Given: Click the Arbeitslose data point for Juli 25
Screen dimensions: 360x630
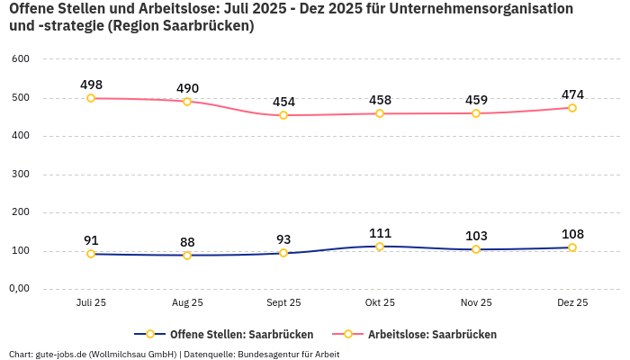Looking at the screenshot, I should click(91, 98).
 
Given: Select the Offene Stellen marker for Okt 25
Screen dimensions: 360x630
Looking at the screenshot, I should click(380, 247).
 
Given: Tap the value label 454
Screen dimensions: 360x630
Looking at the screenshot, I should click(283, 102).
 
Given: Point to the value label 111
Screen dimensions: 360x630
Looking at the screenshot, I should click(380, 233).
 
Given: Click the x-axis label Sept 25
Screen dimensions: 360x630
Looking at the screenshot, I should click(283, 302).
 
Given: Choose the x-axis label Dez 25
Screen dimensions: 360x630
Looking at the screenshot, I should click(572, 302).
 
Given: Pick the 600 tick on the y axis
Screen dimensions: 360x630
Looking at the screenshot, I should click(21, 58).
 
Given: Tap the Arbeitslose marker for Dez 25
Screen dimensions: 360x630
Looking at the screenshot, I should click(572, 108).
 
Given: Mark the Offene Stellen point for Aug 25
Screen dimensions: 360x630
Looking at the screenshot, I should click(187, 256).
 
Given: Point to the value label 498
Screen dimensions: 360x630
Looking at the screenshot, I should click(91, 85).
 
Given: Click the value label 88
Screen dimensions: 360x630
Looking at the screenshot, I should click(187, 242).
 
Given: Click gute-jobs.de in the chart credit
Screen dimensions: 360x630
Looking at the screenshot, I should click(60, 354).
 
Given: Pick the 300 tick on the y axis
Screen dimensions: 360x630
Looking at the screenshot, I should click(21, 174).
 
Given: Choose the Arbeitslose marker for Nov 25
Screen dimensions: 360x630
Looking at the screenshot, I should click(476, 113).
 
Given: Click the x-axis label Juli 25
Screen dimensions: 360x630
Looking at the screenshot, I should click(91, 302).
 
